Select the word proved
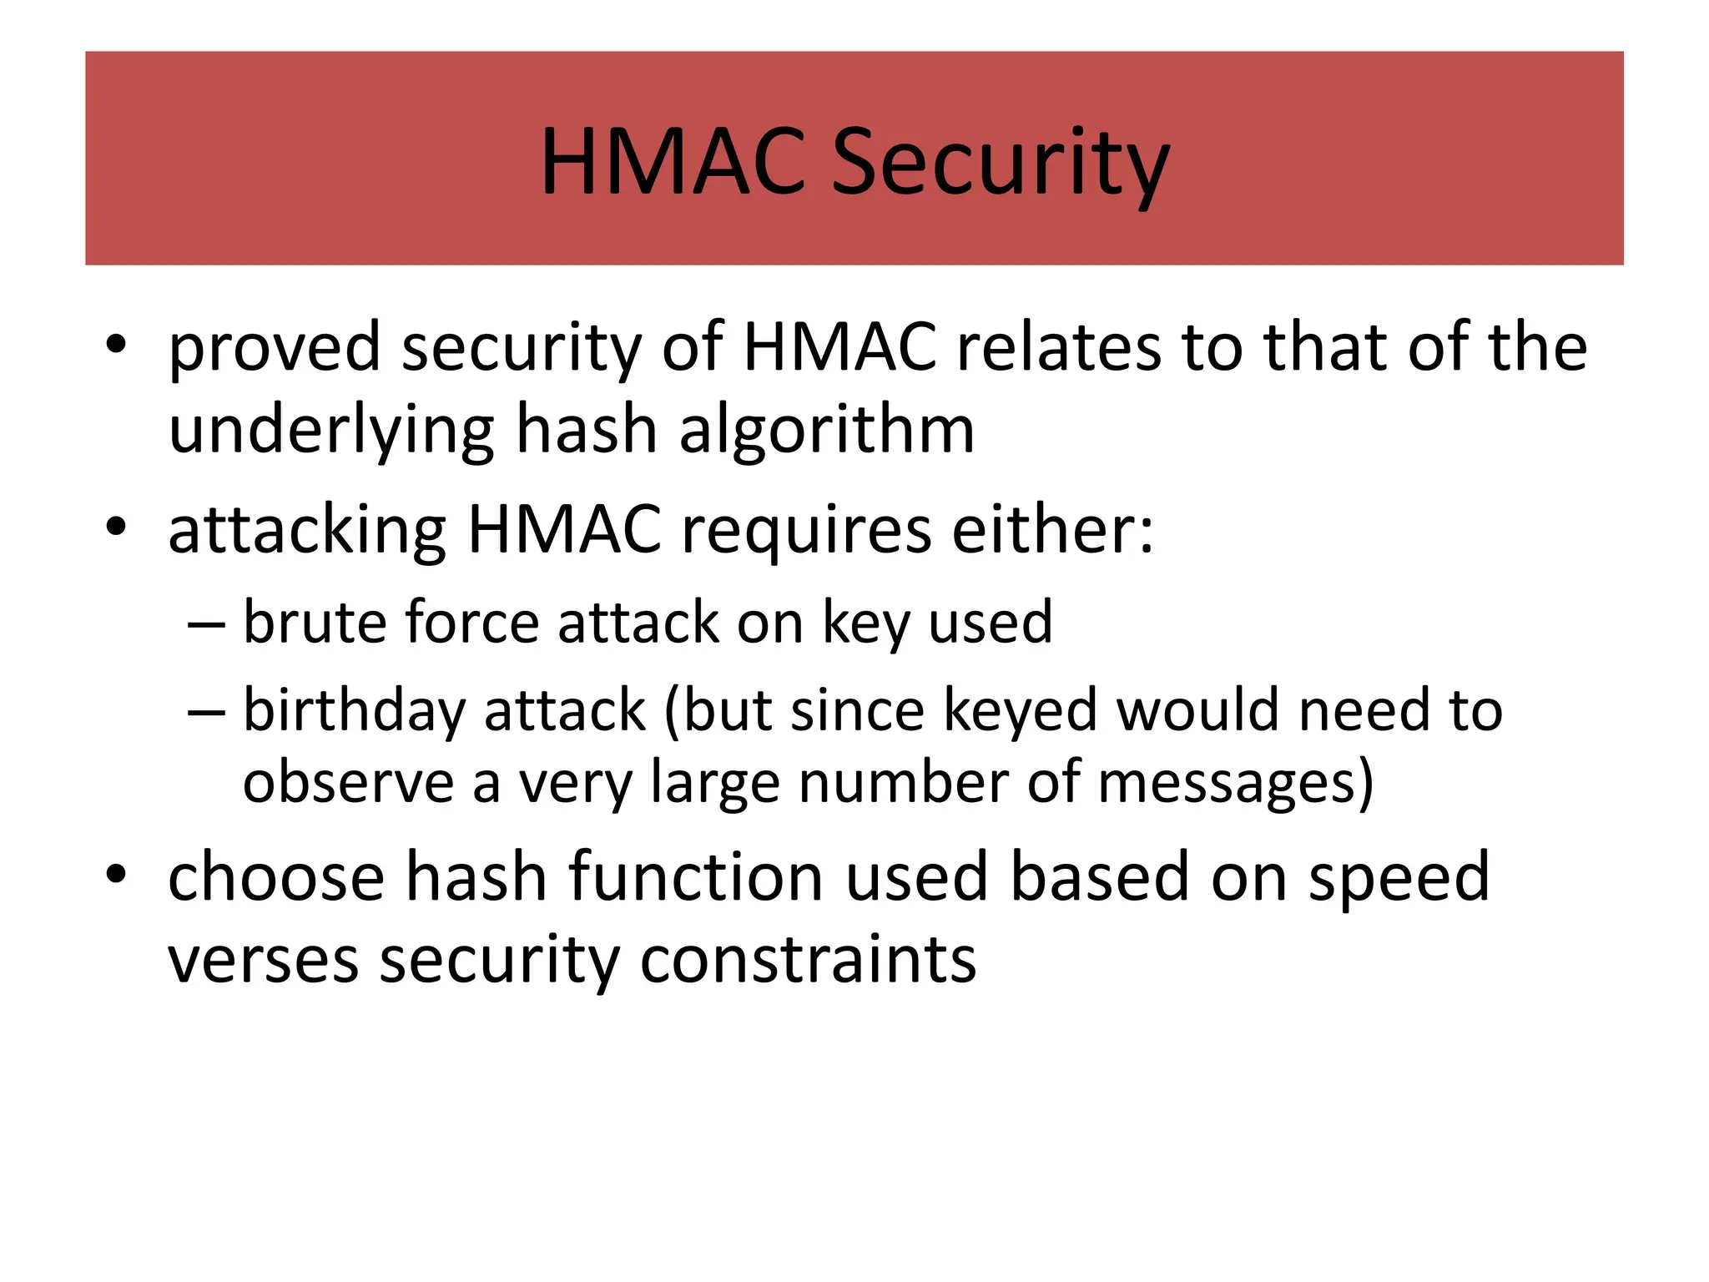[275, 348]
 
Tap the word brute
[308, 622]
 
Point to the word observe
[347, 783]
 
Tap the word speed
[1399, 878]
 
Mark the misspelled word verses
[263, 961]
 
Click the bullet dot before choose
[116, 874]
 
